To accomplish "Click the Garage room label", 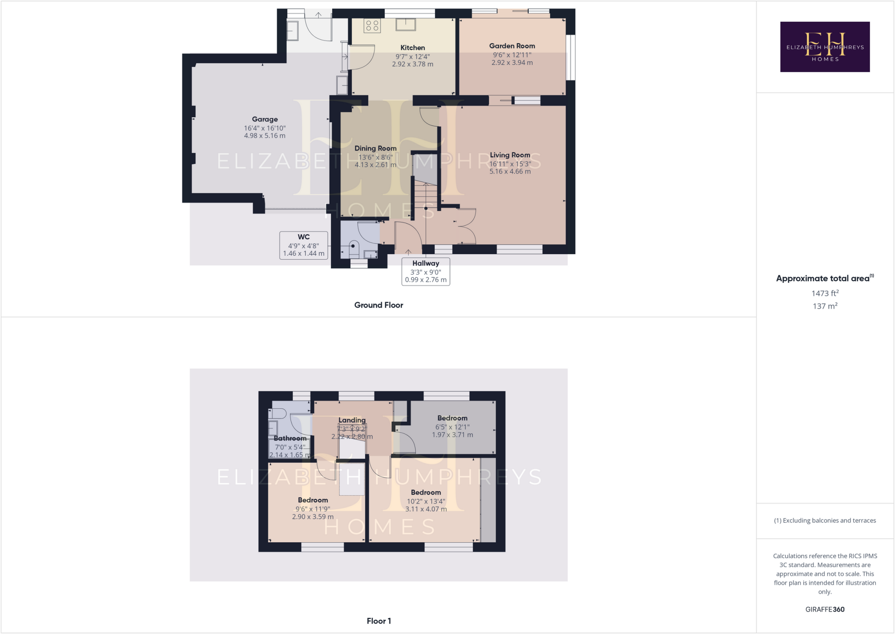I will [264, 119].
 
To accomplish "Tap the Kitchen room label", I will [413, 48].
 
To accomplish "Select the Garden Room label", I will [512, 46].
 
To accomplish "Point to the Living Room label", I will [510, 155].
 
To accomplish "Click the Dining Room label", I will [375, 148].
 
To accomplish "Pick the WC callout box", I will [304, 245].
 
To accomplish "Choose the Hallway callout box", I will [426, 271].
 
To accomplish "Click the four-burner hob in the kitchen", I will [372, 26].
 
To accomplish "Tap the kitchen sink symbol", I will [406, 25].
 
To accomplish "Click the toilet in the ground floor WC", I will [354, 249].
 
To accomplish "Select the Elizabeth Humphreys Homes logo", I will [825, 47].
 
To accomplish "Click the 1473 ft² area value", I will [825, 293].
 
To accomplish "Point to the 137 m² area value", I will [825, 306].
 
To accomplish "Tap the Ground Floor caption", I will [378, 305].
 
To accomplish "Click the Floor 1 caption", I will [378, 621].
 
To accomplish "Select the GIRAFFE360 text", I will [825, 609].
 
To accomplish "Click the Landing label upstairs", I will [352, 420].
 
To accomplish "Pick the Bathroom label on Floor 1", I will [290, 438].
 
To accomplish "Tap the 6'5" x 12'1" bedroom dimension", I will [452, 427].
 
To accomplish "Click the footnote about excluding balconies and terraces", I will [825, 520].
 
